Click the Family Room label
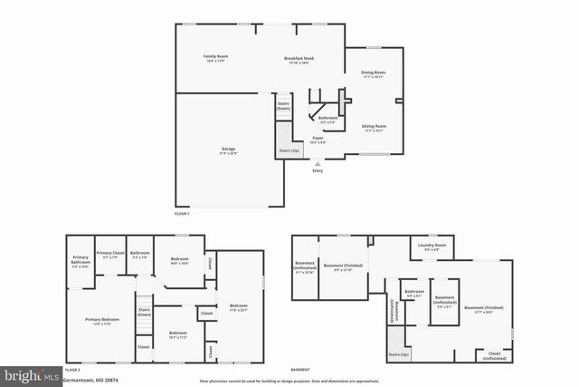(x=215, y=57)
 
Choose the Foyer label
(x=318, y=139)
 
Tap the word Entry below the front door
(x=317, y=170)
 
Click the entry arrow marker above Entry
(x=317, y=163)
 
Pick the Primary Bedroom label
(x=102, y=320)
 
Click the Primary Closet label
(x=110, y=254)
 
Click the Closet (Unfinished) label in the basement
(x=494, y=355)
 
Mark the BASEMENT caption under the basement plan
(x=300, y=370)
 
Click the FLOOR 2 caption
(x=72, y=370)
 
